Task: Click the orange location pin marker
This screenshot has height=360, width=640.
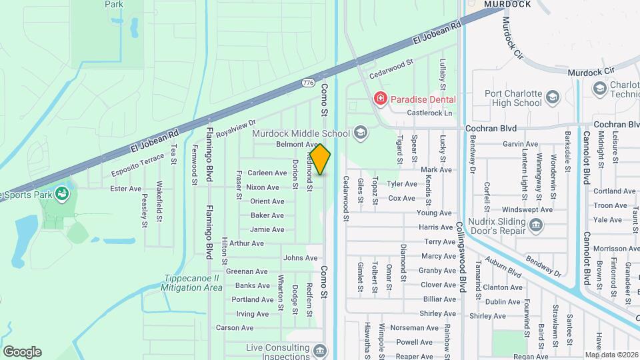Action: pyautogui.click(x=320, y=159)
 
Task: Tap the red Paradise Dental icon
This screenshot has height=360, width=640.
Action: pyautogui.click(x=381, y=99)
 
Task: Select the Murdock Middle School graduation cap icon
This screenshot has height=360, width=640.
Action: pyautogui.click(x=361, y=133)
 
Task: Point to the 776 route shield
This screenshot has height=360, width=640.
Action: pyautogui.click(x=307, y=83)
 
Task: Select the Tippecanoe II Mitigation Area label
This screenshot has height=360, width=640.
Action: pyautogui.click(x=191, y=283)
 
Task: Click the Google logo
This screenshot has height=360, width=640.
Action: pyautogui.click(x=22, y=352)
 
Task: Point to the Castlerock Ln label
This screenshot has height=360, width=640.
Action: pyautogui.click(x=429, y=113)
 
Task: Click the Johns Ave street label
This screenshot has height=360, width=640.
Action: pyautogui.click(x=295, y=257)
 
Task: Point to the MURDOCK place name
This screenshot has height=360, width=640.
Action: pyautogui.click(x=507, y=4)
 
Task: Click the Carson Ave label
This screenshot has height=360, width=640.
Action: pyautogui.click(x=235, y=328)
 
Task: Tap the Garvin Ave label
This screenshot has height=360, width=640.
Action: pyautogui.click(x=521, y=144)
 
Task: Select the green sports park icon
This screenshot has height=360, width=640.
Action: pyautogui.click(x=62, y=194)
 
